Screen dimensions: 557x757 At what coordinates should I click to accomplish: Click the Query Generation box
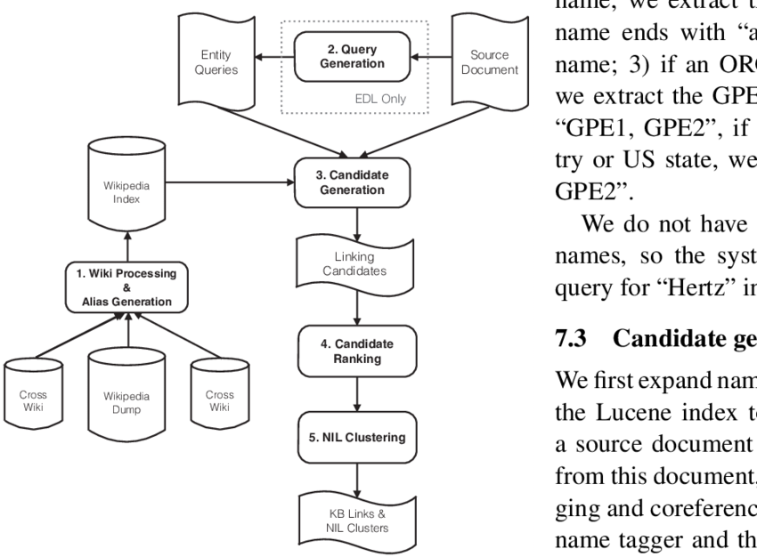(x=352, y=56)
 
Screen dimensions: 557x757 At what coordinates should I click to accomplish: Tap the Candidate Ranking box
(x=356, y=351)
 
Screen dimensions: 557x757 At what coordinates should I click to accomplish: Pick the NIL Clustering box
(x=356, y=437)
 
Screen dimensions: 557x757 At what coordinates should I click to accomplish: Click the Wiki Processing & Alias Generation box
(x=130, y=287)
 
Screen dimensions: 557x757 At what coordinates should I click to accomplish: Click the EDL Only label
(x=380, y=99)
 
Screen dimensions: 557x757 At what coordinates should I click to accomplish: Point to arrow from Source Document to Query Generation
(x=435, y=58)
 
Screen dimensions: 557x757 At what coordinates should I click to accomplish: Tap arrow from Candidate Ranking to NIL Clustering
(x=356, y=392)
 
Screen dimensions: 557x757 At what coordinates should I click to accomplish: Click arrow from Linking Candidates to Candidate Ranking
(x=356, y=308)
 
